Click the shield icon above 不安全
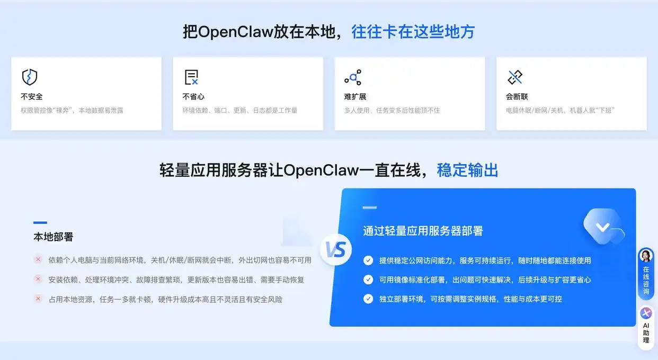tap(29, 77)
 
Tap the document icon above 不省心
tap(191, 77)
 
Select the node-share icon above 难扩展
tap(353, 77)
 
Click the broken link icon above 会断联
tap(514, 77)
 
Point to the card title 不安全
tap(32, 97)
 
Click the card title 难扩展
tap(355, 97)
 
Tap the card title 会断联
tap(517, 97)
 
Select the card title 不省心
tap(193, 97)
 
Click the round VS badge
tap(335, 249)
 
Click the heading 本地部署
tap(53, 237)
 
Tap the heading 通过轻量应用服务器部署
tap(423, 231)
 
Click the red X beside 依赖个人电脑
tap(38, 259)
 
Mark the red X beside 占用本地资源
tap(38, 299)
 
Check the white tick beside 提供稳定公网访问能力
tap(368, 260)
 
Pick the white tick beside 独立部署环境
tap(368, 299)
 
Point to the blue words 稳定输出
tap(467, 170)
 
